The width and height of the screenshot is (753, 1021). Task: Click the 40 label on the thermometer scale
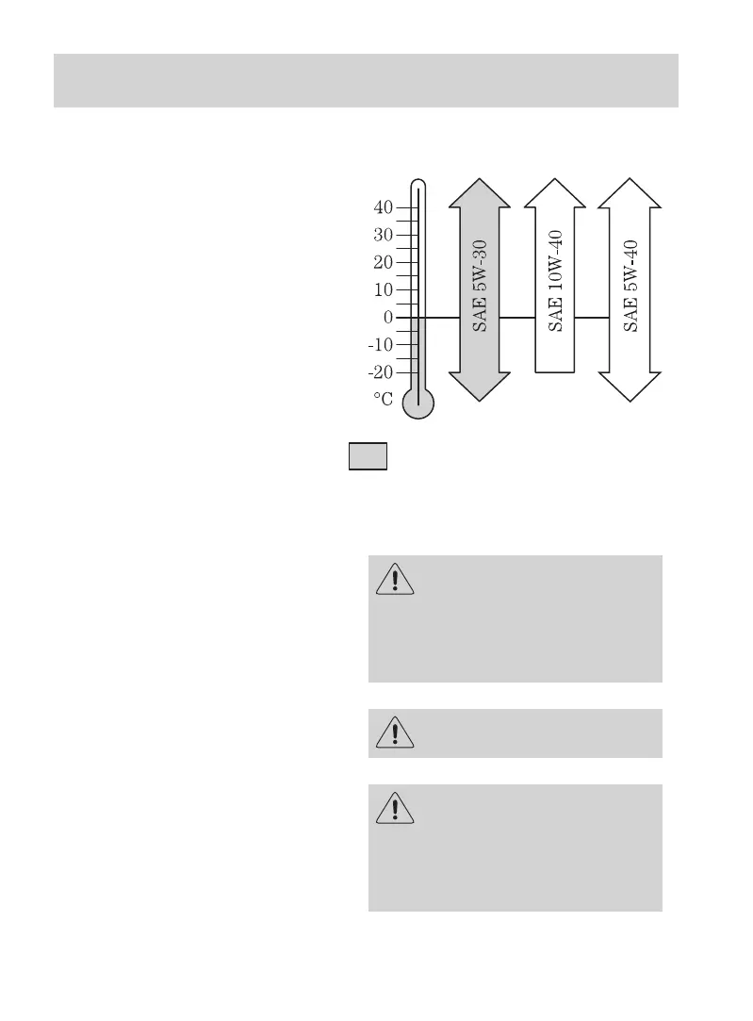pos(383,206)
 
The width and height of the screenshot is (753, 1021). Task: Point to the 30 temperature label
pos(383,234)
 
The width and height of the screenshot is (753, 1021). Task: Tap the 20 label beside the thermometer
pos(383,262)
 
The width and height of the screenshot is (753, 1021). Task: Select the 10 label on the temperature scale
pos(383,290)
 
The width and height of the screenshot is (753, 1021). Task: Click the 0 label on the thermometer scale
pos(387,318)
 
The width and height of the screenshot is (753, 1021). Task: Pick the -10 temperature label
pos(380,345)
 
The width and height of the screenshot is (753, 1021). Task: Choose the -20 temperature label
pos(380,372)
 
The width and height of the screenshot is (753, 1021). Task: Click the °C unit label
pos(383,400)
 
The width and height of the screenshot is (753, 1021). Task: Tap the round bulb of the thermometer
pos(418,403)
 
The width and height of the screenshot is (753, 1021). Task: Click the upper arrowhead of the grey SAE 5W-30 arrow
pos(480,192)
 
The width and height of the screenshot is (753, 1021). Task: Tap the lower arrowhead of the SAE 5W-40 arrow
pos(630,387)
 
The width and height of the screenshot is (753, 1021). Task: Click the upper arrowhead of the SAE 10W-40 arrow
pos(555,192)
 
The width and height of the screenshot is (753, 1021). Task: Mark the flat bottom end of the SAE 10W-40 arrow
pos(555,371)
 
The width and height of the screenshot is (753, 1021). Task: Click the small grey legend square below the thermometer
pos(368,456)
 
